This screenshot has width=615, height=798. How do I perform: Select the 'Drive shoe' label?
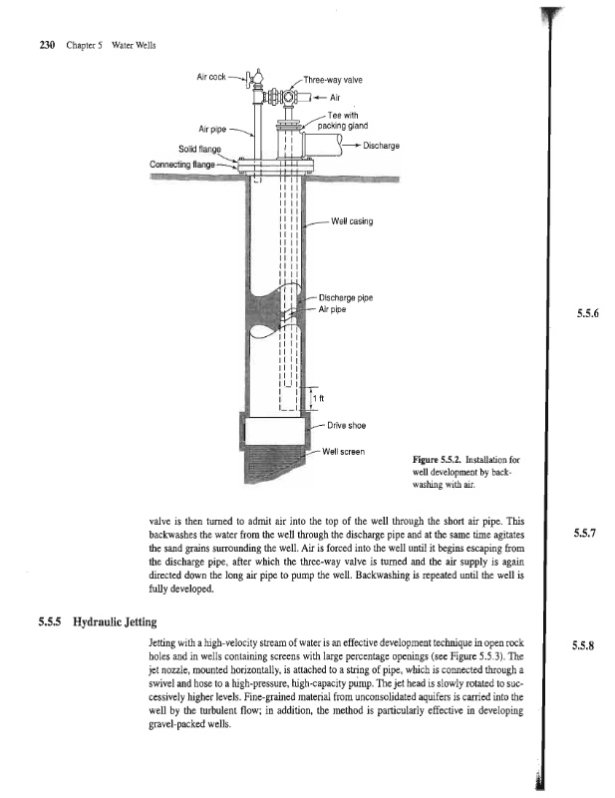[344, 426]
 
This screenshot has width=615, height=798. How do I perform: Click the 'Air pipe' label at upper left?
[218, 129]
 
